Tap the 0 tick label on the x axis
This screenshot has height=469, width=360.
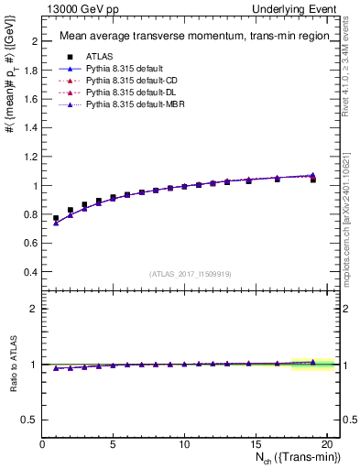pos(43,446)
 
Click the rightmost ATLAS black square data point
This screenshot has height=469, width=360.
pos(313,180)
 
